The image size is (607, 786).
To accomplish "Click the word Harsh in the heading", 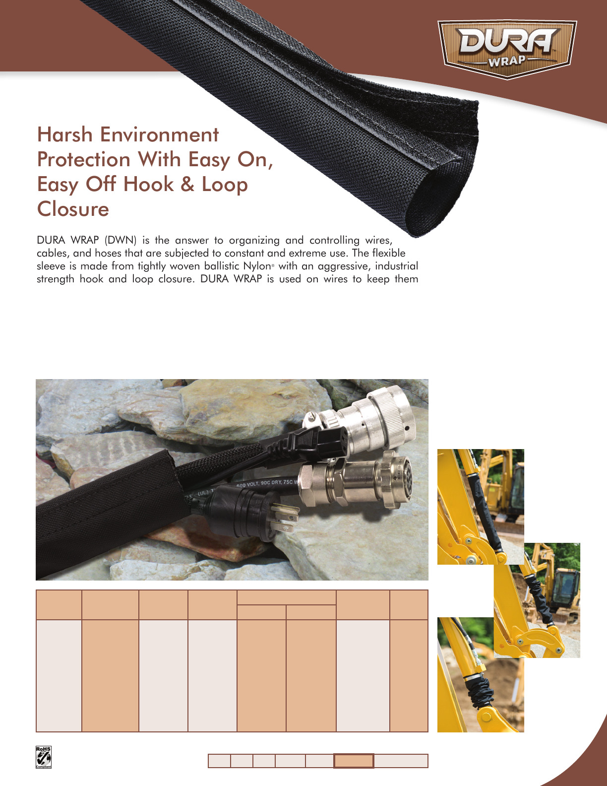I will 64,135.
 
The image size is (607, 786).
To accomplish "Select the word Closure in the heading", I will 73,209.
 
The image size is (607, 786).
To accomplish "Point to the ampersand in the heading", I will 187,185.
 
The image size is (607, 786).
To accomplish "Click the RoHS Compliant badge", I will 43,757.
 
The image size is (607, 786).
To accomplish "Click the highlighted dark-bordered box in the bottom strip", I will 354,761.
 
